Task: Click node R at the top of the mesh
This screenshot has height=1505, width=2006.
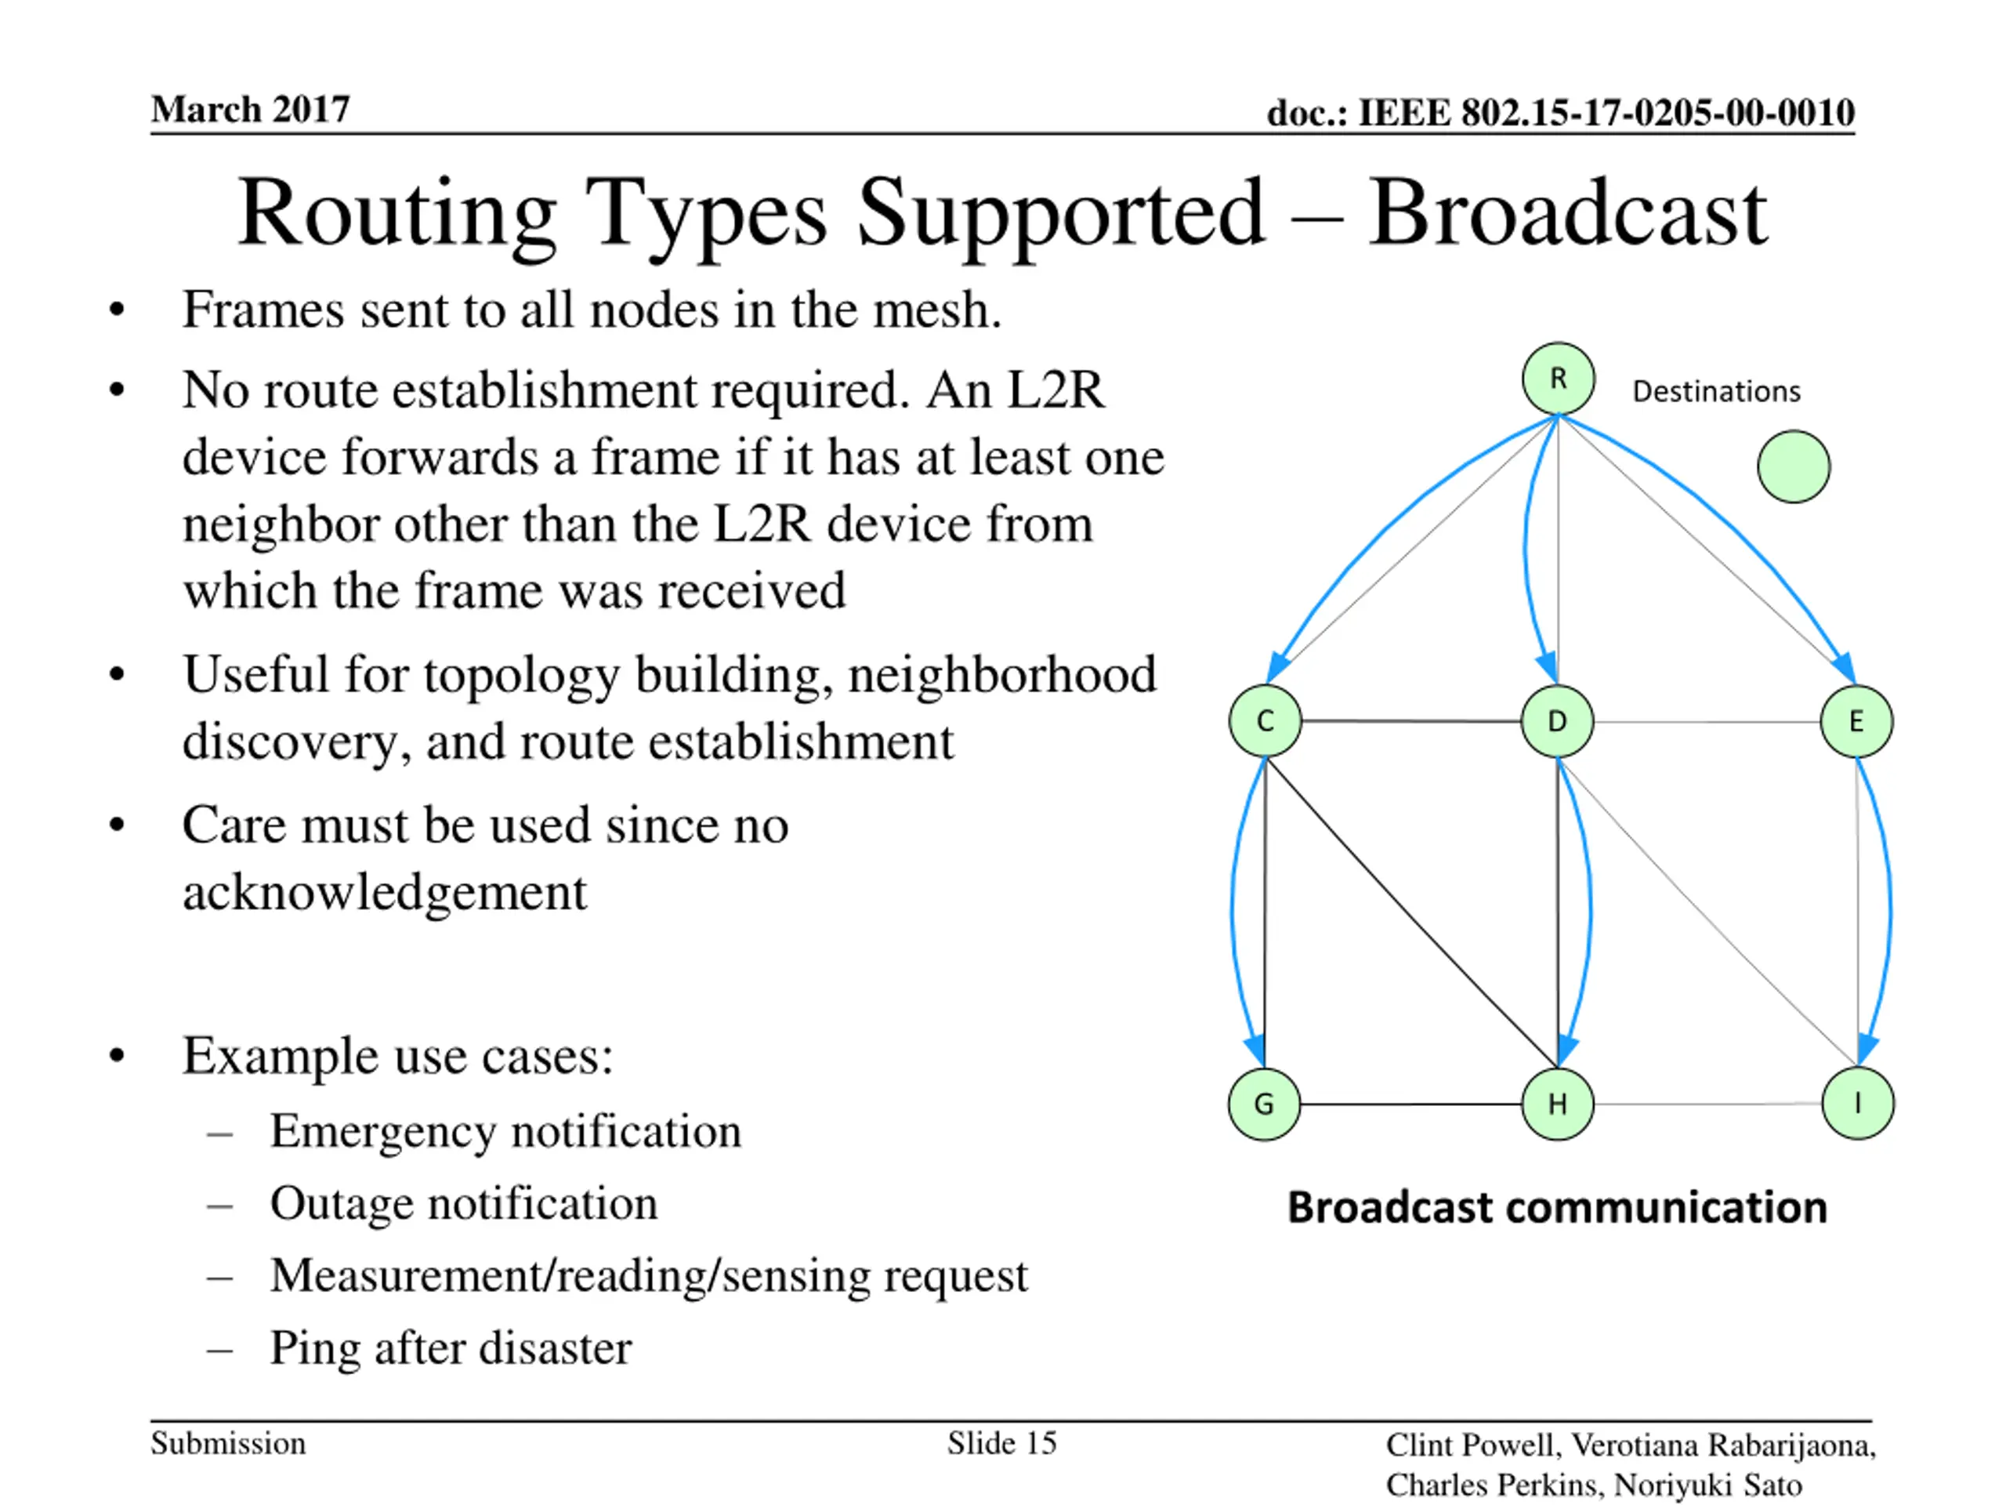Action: [1558, 379]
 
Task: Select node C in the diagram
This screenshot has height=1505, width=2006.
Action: [1265, 721]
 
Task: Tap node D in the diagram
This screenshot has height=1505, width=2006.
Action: [1557, 721]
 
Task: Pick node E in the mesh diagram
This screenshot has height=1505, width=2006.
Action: [1856, 721]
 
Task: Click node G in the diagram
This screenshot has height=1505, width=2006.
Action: [1264, 1104]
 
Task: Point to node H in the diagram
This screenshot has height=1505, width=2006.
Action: [1557, 1104]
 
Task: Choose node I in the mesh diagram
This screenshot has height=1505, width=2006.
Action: [1857, 1103]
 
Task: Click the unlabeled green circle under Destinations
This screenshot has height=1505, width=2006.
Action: [1793, 466]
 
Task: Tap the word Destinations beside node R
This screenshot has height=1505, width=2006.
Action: [1716, 392]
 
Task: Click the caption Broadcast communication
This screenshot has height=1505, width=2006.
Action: [1557, 1207]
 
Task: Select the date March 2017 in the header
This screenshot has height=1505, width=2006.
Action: [250, 110]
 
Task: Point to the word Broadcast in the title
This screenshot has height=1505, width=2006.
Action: [1567, 213]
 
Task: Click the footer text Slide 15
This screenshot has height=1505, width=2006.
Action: [1002, 1443]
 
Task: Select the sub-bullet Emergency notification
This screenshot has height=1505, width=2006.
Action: [505, 1131]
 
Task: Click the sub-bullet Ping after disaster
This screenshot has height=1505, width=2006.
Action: [451, 1348]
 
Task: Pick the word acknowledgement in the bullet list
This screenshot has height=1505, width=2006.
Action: [385, 893]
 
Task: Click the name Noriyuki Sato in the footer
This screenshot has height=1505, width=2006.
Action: [1707, 1485]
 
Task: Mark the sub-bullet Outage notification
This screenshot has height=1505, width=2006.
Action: [463, 1204]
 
